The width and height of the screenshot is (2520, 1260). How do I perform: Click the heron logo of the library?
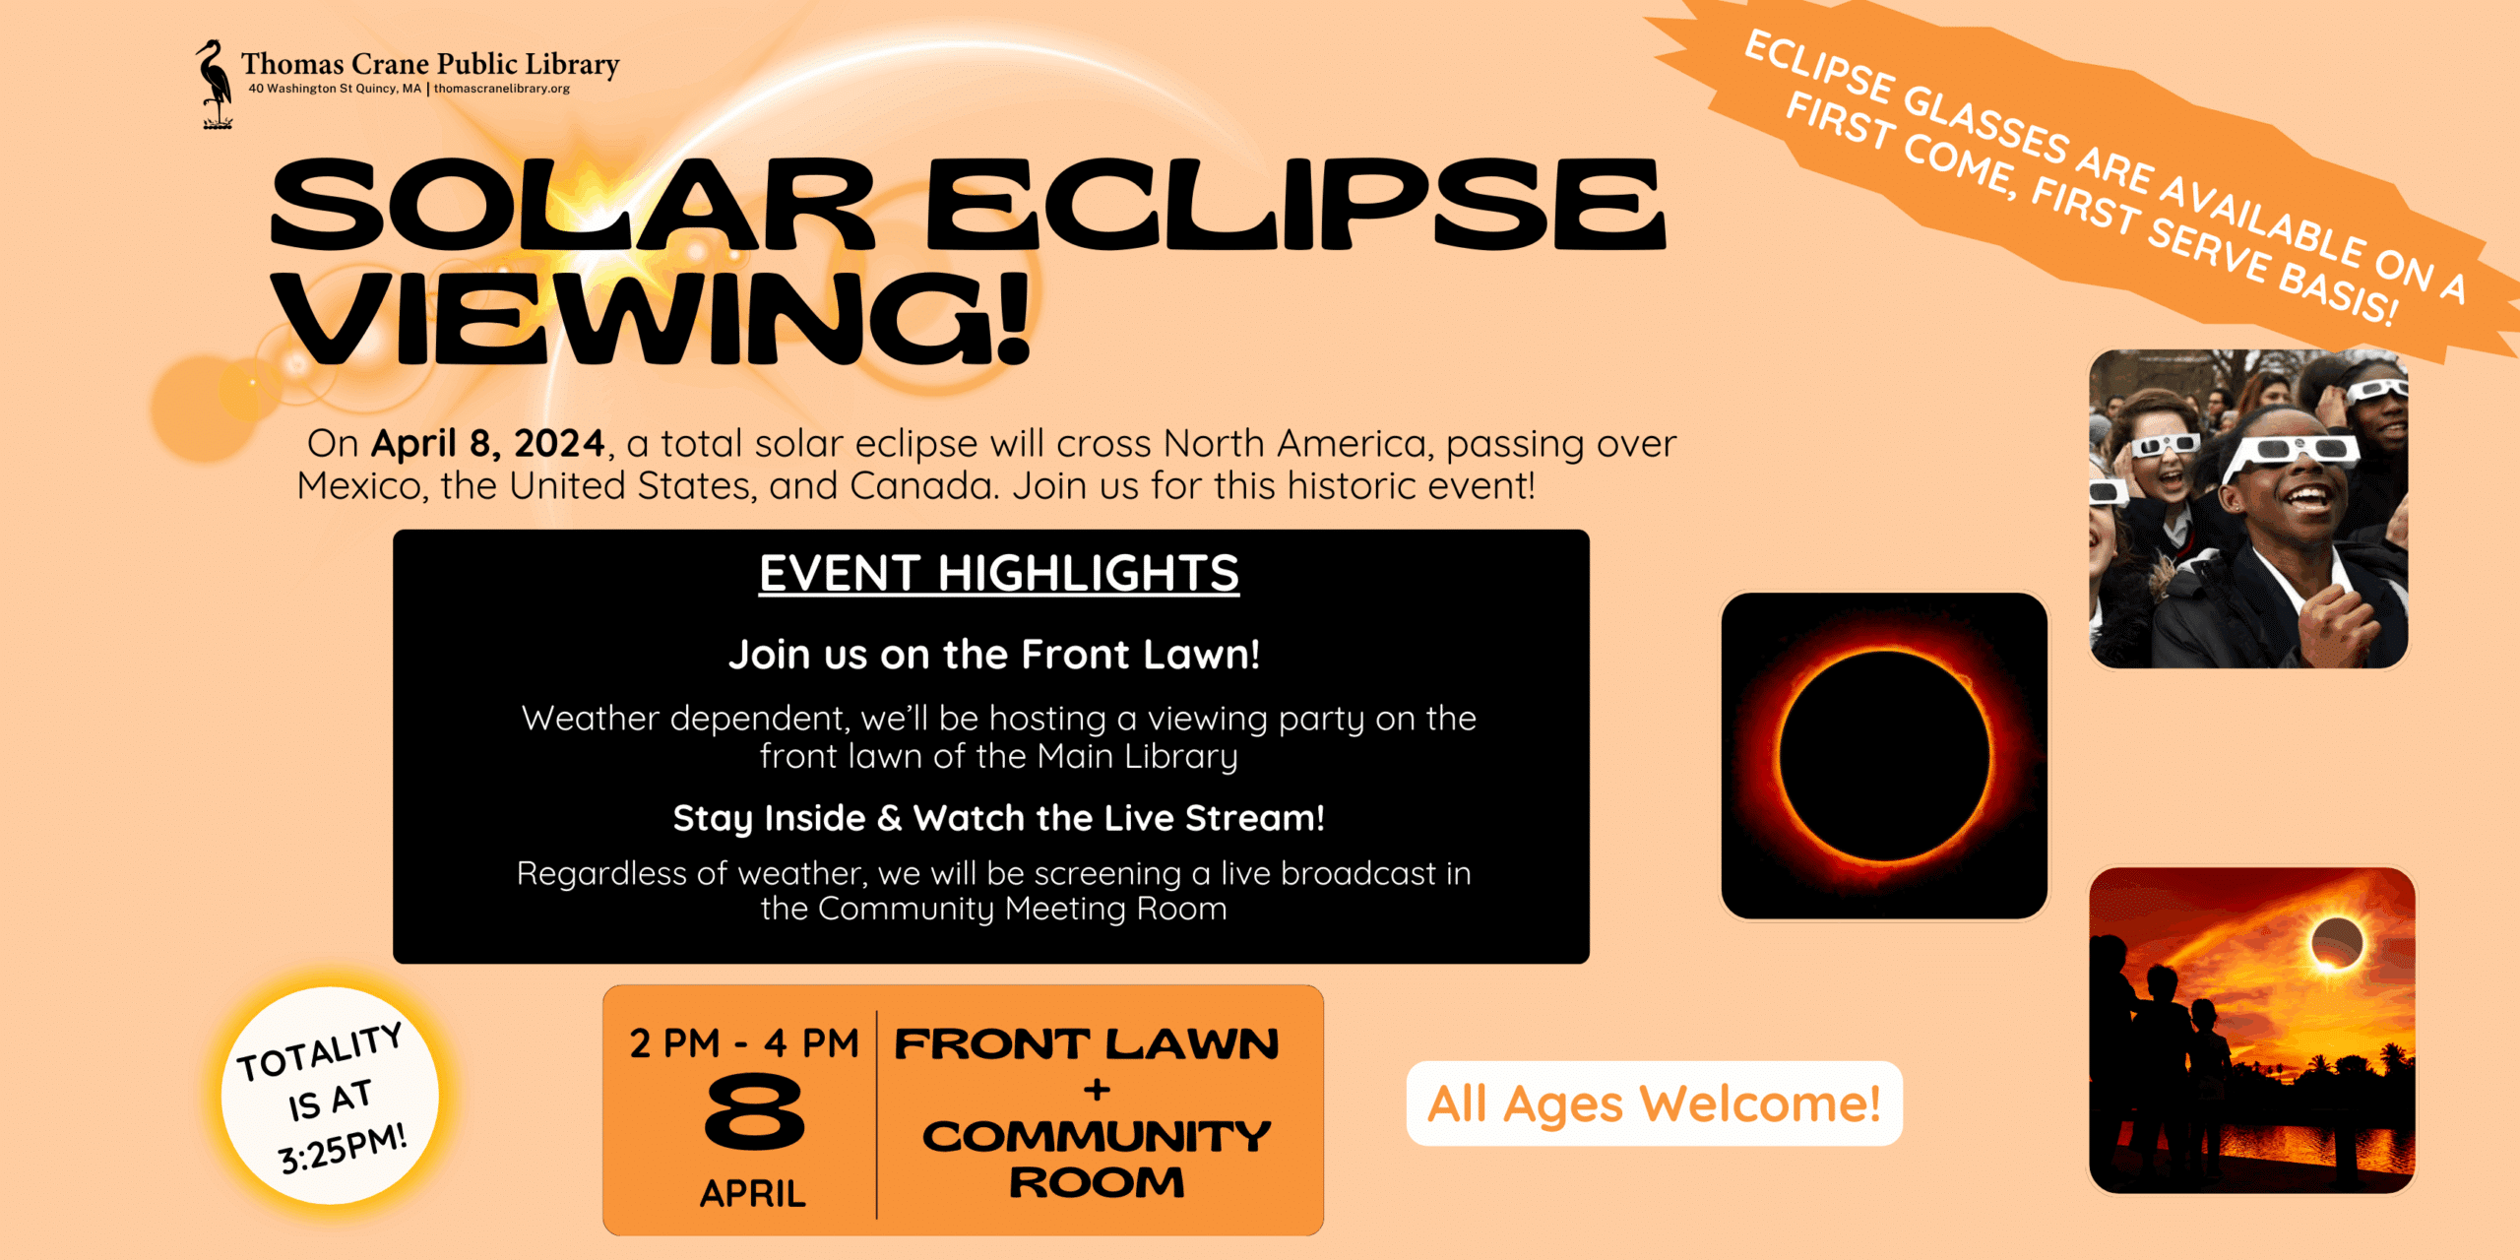pos(214,84)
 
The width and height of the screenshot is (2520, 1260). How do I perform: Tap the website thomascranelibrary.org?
pos(502,89)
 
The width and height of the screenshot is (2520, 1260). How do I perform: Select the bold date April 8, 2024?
pos(487,443)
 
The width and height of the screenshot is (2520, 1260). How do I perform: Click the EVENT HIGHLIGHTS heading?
pos(998,573)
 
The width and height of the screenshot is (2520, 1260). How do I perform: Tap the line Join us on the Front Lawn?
pos(993,655)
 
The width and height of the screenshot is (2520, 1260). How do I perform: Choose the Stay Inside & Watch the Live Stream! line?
pos(998,818)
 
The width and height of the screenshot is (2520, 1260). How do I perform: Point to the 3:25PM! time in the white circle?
pos(343,1149)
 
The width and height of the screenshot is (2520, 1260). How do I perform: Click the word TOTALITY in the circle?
pos(320,1051)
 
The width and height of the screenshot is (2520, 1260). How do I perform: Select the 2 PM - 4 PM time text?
pos(744,1043)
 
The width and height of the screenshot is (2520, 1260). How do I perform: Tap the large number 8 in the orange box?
pos(755,1112)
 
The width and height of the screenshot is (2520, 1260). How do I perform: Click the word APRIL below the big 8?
pos(753,1194)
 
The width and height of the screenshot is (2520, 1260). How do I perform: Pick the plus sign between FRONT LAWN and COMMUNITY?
pos(1097,1090)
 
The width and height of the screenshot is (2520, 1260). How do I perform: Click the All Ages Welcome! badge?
pos(1654,1103)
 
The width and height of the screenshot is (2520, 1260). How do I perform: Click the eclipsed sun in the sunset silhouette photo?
pos(2337,943)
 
